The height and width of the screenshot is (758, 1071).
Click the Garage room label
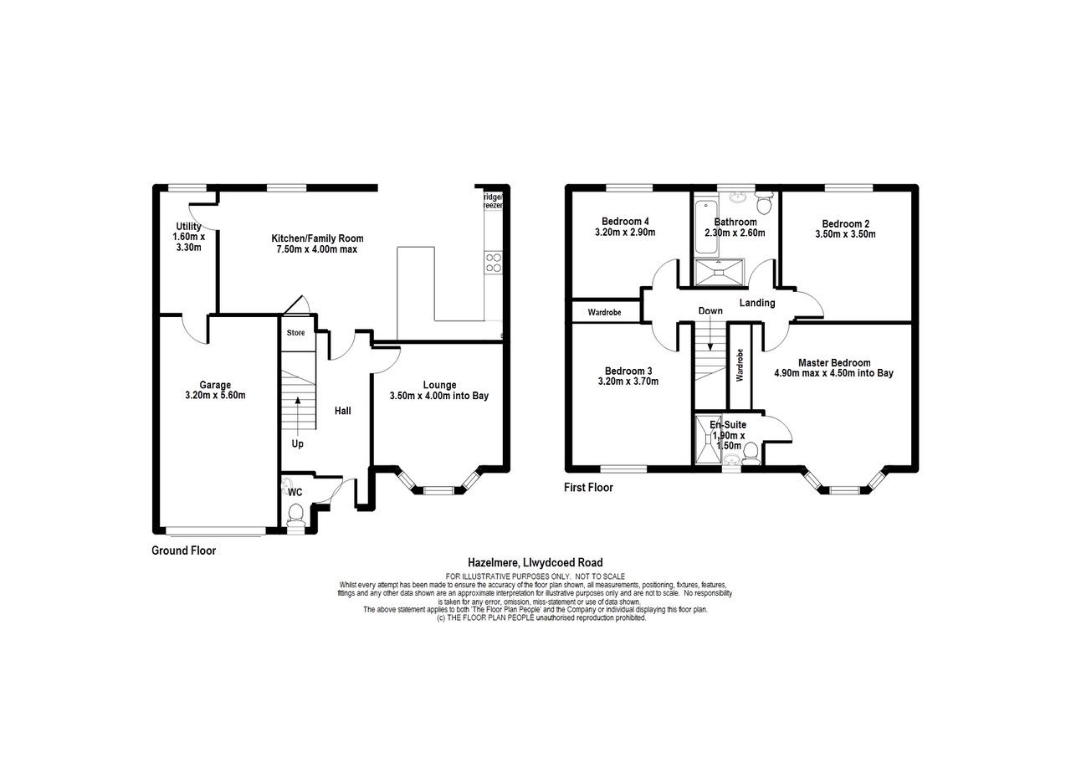pyautogui.click(x=215, y=385)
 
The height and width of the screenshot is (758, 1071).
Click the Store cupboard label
pyautogui.click(x=296, y=332)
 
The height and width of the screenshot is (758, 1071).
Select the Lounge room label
pyautogui.click(x=439, y=385)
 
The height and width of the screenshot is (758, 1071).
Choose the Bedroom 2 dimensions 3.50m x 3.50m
pyautogui.click(x=846, y=234)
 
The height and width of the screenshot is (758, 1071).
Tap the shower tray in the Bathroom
pyautogui.click(x=718, y=271)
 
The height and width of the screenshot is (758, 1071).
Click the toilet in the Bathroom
pyautogui.click(x=764, y=203)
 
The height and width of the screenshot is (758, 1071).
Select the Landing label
pyautogui.click(x=756, y=302)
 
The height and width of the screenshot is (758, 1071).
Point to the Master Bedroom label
pyautogui.click(x=833, y=362)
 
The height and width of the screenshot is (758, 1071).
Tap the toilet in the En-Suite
pyautogui.click(x=750, y=453)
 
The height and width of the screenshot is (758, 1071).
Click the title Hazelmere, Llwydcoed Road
pyautogui.click(x=535, y=563)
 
